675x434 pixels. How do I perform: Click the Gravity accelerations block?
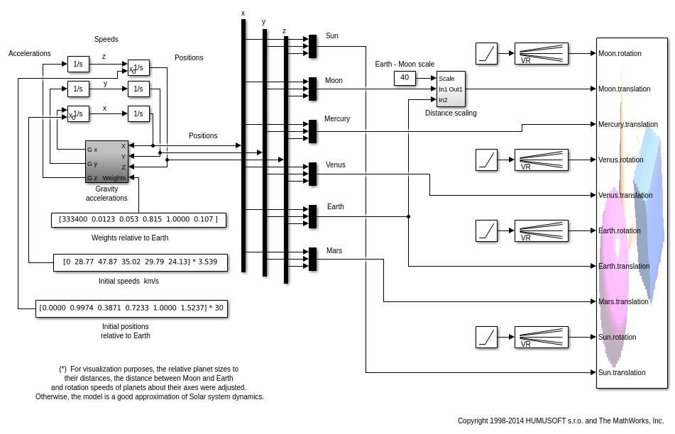tap(106, 161)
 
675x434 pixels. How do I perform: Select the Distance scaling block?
tap(451, 89)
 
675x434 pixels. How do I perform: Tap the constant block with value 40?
tap(405, 78)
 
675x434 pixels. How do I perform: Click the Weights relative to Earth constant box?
tap(138, 220)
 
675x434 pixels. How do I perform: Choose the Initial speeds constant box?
tap(141, 262)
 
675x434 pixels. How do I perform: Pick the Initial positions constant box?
tap(131, 308)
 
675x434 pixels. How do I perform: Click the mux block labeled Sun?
tap(312, 46)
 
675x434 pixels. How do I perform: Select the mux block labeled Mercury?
tap(312, 131)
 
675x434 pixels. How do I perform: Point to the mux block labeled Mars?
tap(312, 259)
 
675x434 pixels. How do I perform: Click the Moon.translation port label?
tap(624, 89)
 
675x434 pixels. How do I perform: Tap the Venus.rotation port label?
tap(620, 160)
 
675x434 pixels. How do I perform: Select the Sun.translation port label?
tap(622, 372)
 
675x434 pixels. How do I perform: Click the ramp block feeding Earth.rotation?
tap(486, 230)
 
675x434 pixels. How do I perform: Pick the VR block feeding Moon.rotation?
tap(541, 53)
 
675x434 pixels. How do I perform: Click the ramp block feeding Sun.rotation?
tap(486, 337)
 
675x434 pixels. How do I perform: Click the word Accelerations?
tap(30, 53)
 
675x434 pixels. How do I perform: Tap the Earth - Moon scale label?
tap(405, 64)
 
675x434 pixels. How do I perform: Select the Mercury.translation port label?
tap(627, 124)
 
